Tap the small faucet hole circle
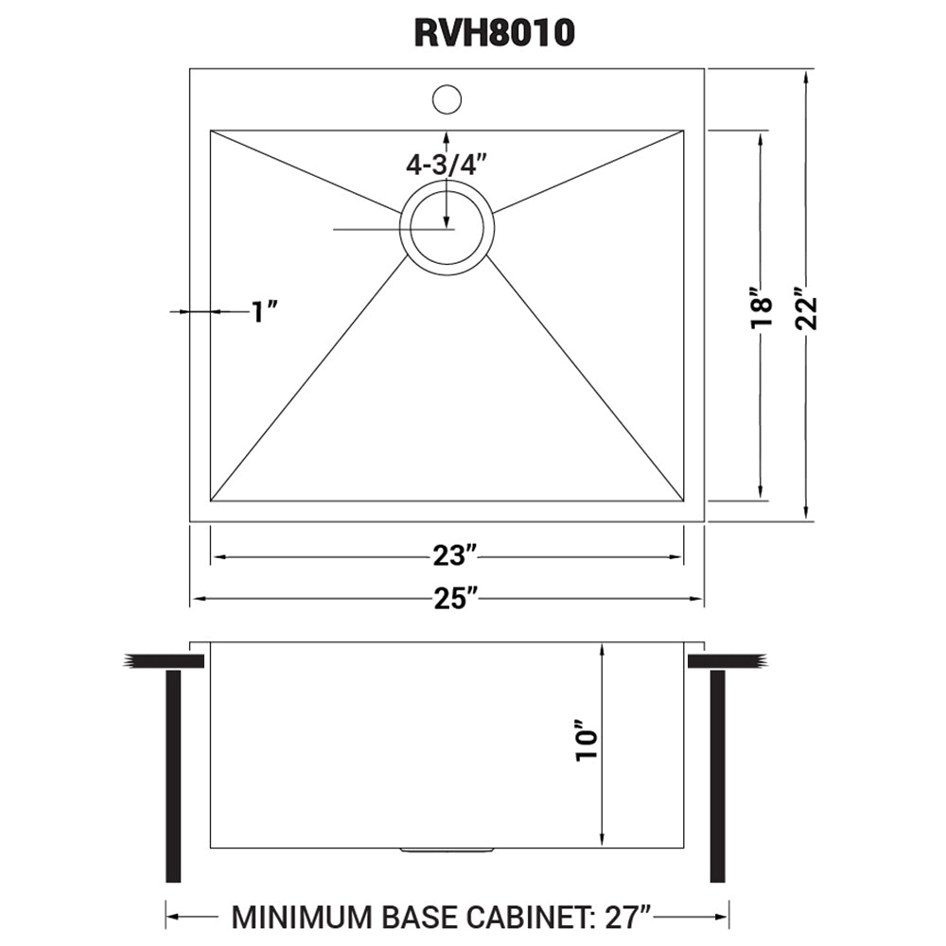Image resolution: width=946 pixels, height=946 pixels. pyautogui.click(x=447, y=98)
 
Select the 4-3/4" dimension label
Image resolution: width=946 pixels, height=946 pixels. pyautogui.click(x=446, y=164)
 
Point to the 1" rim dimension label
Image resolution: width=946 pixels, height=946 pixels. pyautogui.click(x=265, y=310)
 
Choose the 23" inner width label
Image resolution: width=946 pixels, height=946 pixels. pyautogui.click(x=447, y=558)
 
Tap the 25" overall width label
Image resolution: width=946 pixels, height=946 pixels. pyautogui.click(x=447, y=599)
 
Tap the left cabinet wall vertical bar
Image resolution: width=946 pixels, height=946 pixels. pyautogui.click(x=173, y=776)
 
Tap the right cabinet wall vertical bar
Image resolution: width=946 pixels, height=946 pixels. pyautogui.click(x=717, y=776)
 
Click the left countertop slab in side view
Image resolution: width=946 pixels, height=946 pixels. pyautogui.click(x=166, y=660)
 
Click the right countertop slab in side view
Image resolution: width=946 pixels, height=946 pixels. pyautogui.click(x=727, y=660)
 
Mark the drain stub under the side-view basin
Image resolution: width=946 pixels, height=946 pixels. pyautogui.click(x=447, y=850)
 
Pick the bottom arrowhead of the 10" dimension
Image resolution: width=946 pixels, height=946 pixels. pyautogui.click(x=602, y=838)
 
